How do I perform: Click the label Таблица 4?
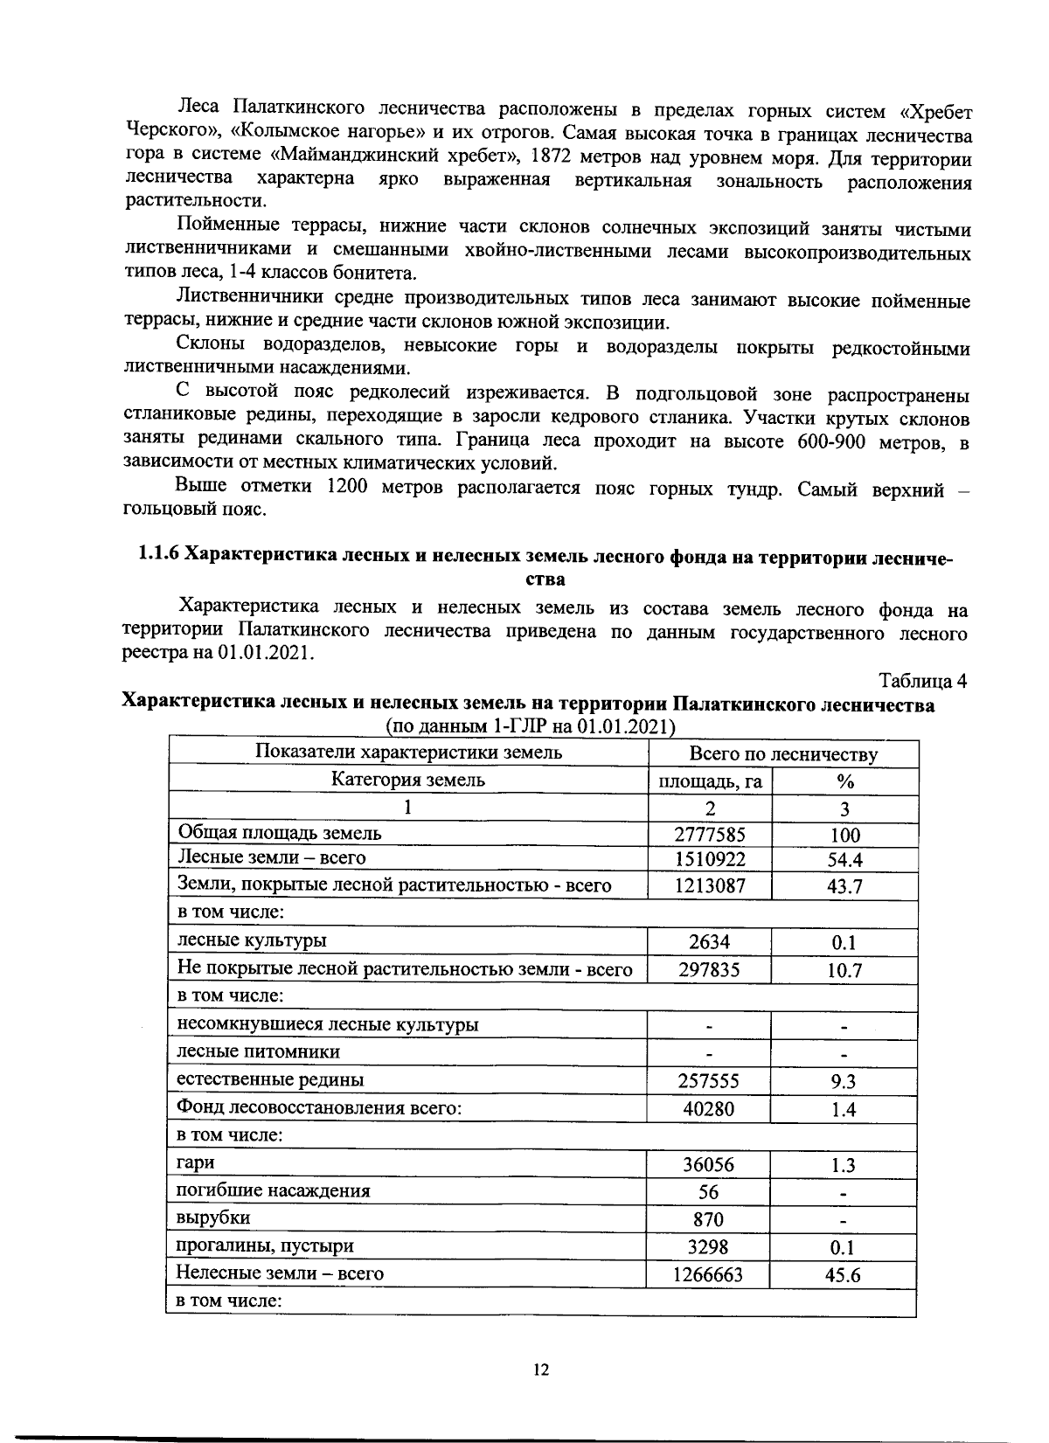[923, 681]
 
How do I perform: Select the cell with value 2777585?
[710, 834]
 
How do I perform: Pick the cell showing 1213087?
[710, 886]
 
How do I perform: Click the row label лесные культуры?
[252, 940]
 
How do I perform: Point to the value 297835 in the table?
[709, 969]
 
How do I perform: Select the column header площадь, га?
[710, 781]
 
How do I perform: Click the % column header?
[844, 781]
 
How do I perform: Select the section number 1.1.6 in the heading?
[158, 556]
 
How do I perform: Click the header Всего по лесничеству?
[783, 754]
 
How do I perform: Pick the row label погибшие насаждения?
[273, 1190]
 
